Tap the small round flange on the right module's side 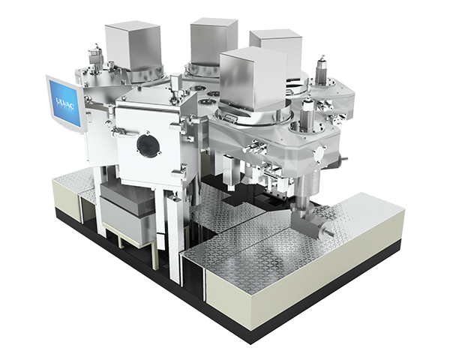pos(318,155)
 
